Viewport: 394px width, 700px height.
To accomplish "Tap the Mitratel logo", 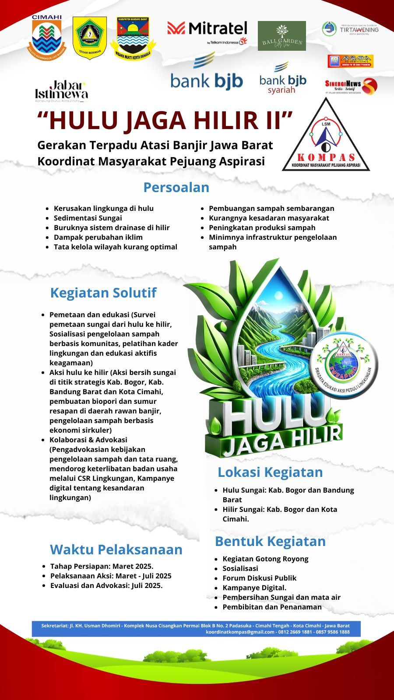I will (207, 31).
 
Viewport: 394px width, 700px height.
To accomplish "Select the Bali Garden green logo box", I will (281, 36).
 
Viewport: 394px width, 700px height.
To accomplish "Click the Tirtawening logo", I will (350, 29).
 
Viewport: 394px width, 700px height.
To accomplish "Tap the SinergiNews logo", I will (350, 86).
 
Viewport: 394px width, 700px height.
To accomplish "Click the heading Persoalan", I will (176, 187).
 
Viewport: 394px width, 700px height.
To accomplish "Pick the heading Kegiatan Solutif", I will (103, 293).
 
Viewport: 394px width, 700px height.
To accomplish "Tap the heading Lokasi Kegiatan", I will (270, 472).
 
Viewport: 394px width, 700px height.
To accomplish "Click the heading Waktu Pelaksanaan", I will (116, 549).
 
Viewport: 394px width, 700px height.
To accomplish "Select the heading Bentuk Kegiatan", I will (270, 541).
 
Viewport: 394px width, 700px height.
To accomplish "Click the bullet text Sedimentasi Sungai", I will (88, 218).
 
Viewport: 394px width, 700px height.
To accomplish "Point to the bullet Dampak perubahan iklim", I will (98, 237).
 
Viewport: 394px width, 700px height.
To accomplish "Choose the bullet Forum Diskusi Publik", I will (259, 578).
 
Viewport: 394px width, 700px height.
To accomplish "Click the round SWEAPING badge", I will (345, 364).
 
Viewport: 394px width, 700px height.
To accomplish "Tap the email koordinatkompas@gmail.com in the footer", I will (240, 632).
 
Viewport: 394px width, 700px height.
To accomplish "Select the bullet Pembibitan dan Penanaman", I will (272, 607).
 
